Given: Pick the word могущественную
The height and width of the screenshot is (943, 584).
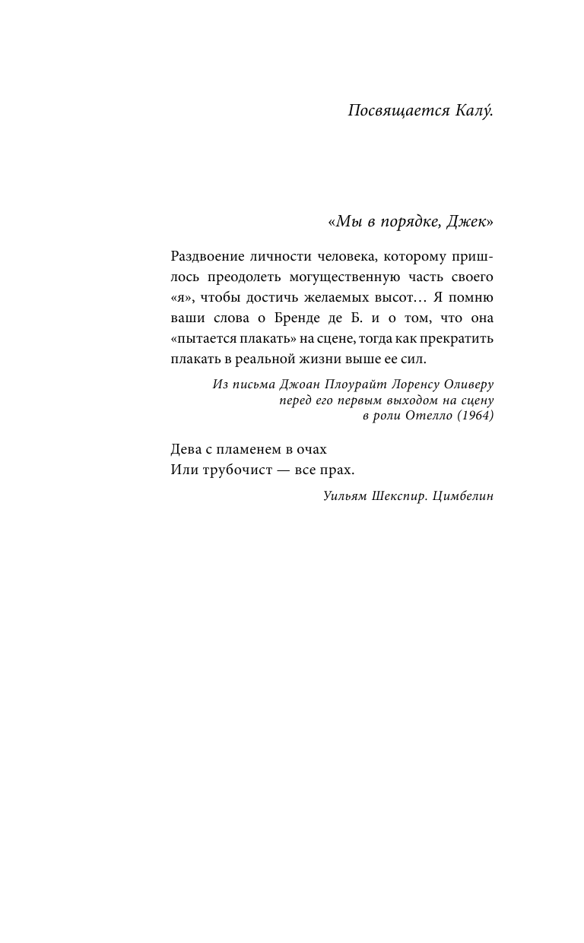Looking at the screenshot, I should pyautogui.click(x=356, y=276).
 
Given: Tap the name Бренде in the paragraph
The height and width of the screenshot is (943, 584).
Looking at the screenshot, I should pyautogui.click(x=306, y=317).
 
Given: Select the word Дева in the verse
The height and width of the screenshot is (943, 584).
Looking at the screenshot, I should pyautogui.click(x=187, y=449).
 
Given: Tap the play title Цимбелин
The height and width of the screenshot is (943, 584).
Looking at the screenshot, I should pyautogui.click(x=462, y=496).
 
